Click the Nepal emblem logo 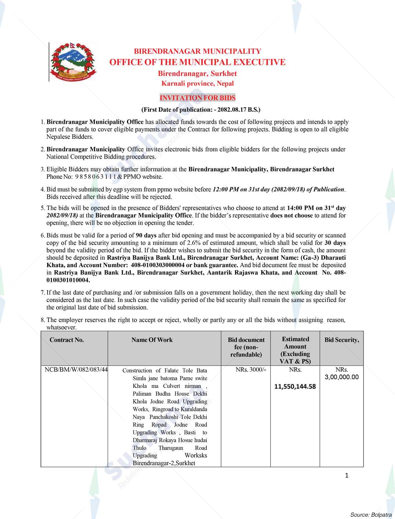tap(72, 62)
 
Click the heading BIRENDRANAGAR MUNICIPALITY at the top tap(197, 51)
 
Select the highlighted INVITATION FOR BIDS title tap(197, 98)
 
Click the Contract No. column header tap(67, 340)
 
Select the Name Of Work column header tap(152, 340)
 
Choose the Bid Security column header tap(342, 340)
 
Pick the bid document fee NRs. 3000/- tap(246, 370)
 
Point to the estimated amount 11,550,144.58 tap(295, 387)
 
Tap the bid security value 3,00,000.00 tap(342, 377)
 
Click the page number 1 tap(347, 476)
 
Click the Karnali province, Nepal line tap(197, 84)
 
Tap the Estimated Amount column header tap(295, 350)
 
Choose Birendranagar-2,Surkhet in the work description tap(164, 463)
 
